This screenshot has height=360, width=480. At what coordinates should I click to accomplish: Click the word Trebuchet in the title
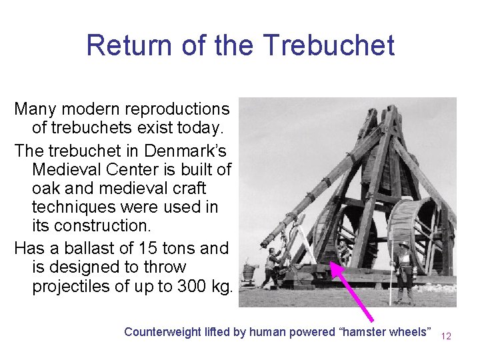point(328,45)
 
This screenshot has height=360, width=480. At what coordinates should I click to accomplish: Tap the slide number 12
point(446,336)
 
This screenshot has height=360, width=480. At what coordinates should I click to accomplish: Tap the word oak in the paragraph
point(45,189)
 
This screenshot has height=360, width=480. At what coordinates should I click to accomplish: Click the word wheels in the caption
point(412,332)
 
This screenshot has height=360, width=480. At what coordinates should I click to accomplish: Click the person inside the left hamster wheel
point(343,252)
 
